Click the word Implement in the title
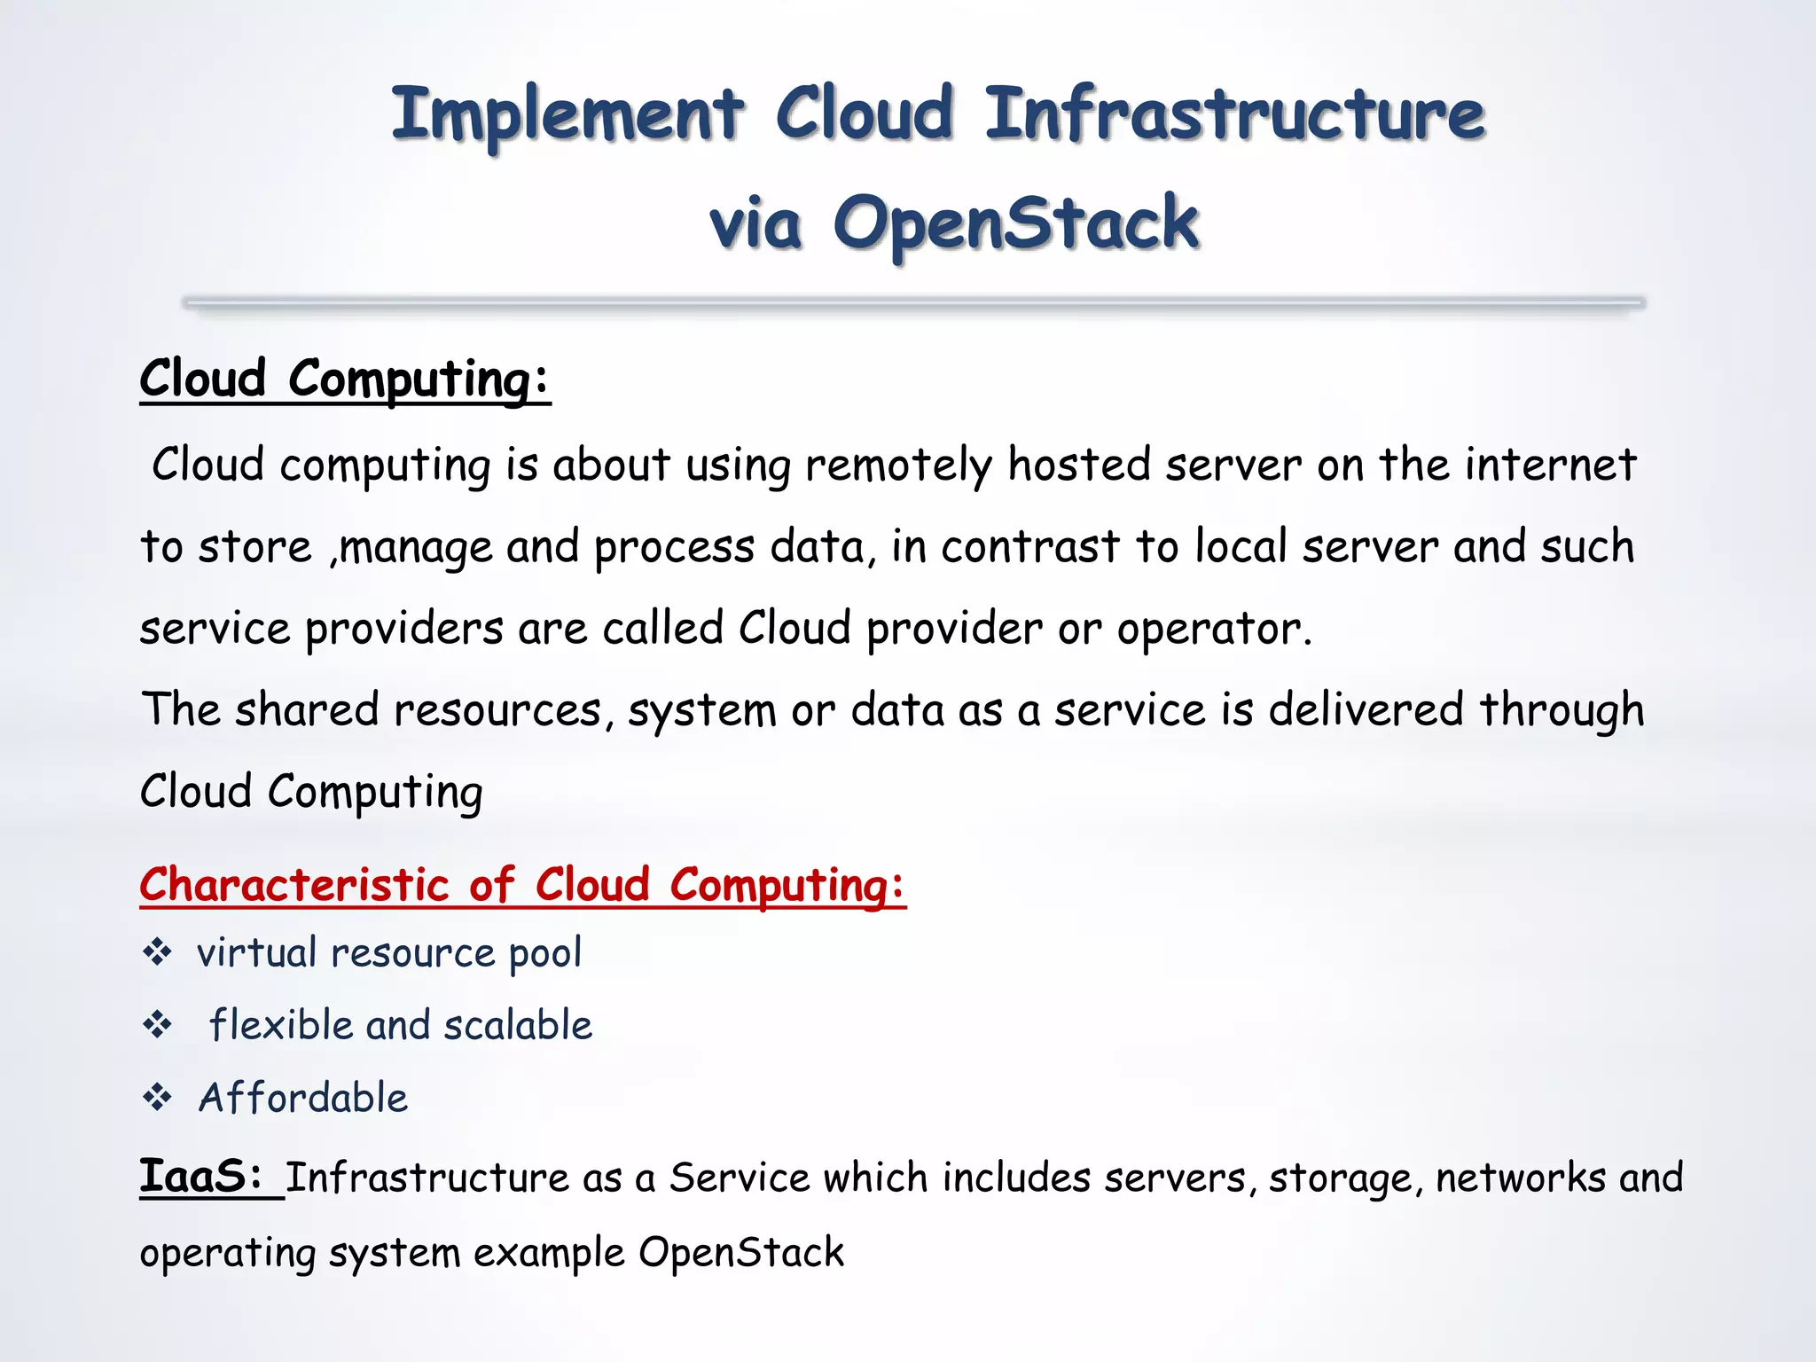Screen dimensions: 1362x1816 [567, 115]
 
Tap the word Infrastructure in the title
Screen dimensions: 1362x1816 [1234, 115]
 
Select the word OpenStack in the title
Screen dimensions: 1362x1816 [1016, 223]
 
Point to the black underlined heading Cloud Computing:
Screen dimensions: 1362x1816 [345, 380]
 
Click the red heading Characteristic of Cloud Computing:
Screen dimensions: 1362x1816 [522, 886]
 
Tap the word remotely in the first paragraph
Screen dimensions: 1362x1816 [898, 466]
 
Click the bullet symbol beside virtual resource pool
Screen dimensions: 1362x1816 [158, 952]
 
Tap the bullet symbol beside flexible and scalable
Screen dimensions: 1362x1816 [158, 1025]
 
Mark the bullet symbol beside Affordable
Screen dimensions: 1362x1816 [158, 1098]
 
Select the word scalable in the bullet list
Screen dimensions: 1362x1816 [518, 1026]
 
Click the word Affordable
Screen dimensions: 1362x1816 [303, 1098]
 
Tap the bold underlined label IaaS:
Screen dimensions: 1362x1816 [202, 1178]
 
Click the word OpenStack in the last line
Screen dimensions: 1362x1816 [741, 1253]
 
